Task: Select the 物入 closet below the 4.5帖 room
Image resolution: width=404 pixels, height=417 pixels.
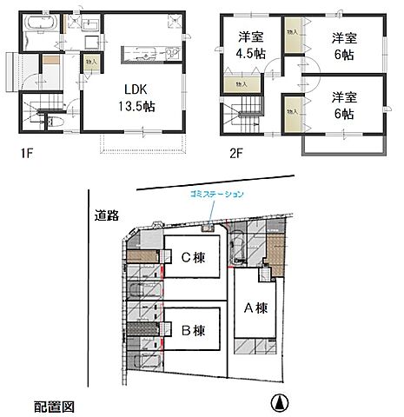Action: pyautogui.click(x=241, y=84)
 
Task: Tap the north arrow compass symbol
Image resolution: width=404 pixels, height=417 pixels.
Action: pyautogui.click(x=279, y=401)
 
